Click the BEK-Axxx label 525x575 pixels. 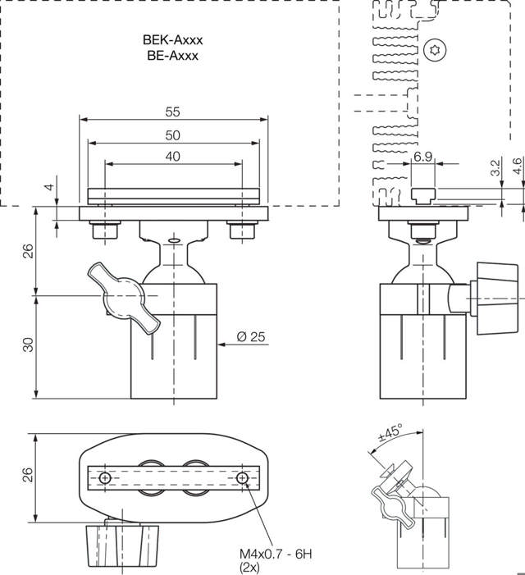(172, 39)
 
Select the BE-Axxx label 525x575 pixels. (173, 56)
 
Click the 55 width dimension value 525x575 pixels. (173, 112)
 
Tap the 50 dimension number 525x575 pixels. (173, 135)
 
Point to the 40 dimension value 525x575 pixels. (173, 157)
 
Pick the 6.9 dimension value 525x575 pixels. (422, 157)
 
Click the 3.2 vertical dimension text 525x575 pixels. (495, 167)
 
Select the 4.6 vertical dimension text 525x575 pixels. (517, 167)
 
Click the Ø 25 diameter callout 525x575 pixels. (251, 337)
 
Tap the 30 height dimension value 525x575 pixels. (28, 345)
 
